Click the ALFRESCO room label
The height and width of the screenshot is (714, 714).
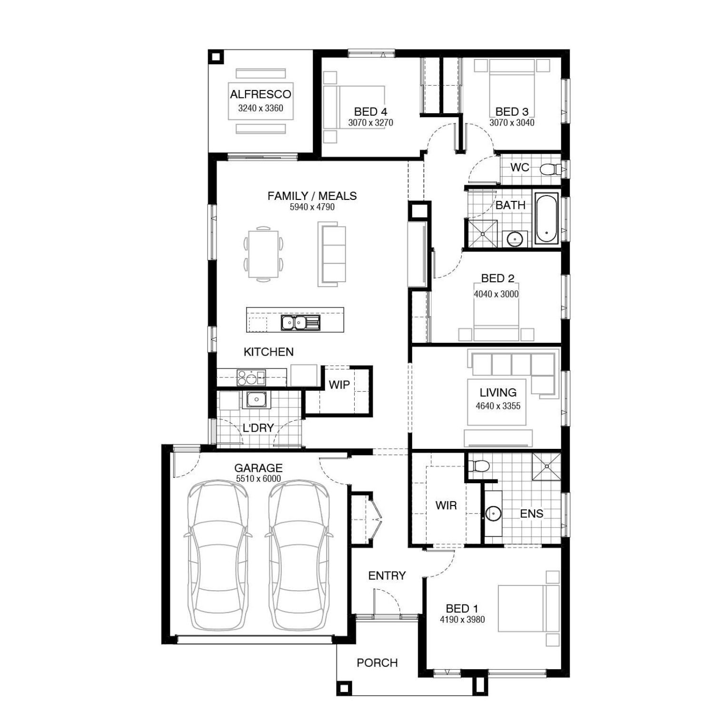[260, 94]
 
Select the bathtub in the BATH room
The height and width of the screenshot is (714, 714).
[546, 218]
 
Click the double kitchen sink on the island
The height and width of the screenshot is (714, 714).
[300, 323]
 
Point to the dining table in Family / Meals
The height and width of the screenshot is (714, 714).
[263, 254]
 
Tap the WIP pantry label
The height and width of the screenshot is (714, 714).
[339, 385]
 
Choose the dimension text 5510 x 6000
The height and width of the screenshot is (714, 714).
[258, 479]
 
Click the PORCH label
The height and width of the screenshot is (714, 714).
[377, 663]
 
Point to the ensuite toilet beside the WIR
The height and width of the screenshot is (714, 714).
[479, 466]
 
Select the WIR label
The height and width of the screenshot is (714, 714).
[446, 506]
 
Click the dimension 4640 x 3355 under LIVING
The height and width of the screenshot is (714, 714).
[498, 406]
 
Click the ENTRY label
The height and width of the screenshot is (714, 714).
[387, 576]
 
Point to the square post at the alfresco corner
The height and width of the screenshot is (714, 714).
[216, 58]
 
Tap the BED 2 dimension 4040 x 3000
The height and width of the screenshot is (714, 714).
[496, 294]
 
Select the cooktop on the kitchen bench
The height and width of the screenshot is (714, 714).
[251, 377]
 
